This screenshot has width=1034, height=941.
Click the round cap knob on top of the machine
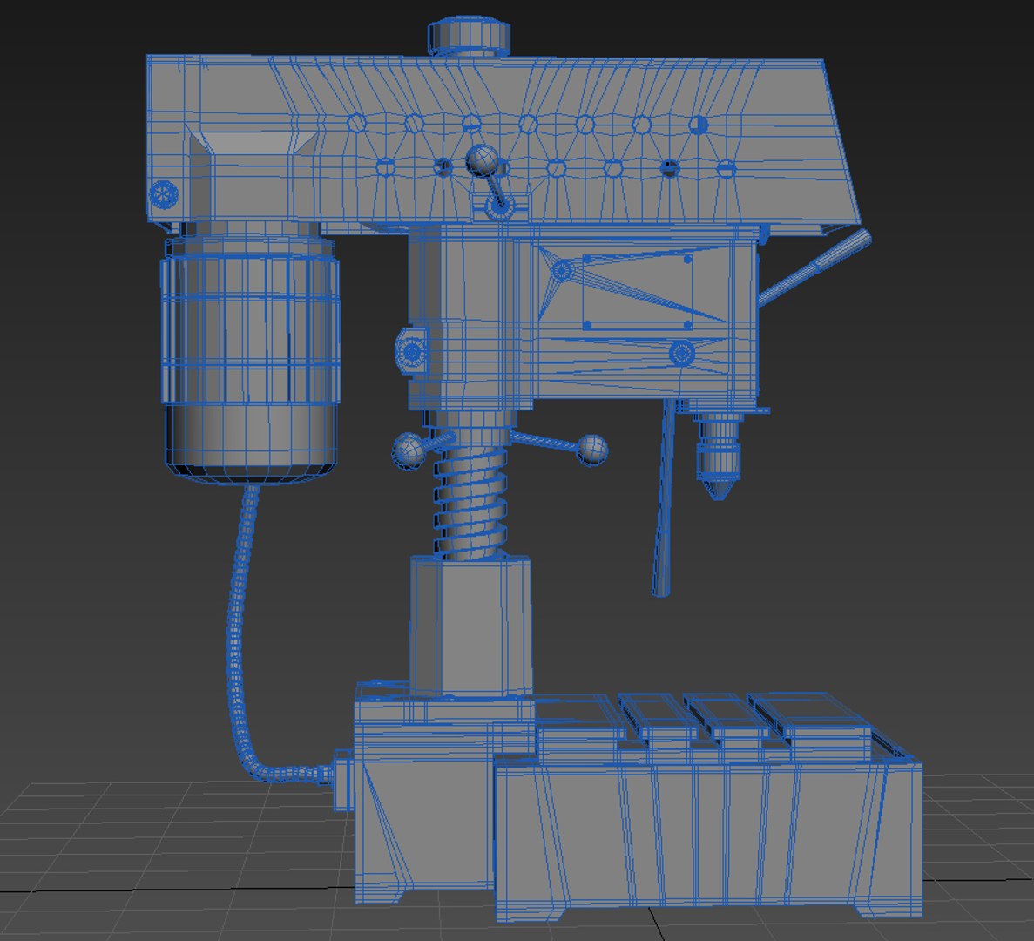[x=468, y=36]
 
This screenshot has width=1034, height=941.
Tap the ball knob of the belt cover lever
[x=482, y=161]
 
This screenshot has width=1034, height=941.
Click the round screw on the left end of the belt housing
[x=163, y=193]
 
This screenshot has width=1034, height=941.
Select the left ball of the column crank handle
[x=407, y=450]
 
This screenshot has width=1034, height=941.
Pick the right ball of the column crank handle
[x=592, y=450]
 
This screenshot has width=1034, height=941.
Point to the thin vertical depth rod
[x=664, y=505]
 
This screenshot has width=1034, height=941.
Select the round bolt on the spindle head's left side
[x=410, y=351]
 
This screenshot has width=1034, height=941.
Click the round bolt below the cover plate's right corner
[x=681, y=353]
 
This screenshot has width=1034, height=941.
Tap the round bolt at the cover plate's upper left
[x=563, y=271]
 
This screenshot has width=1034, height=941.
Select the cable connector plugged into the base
[x=341, y=773]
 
